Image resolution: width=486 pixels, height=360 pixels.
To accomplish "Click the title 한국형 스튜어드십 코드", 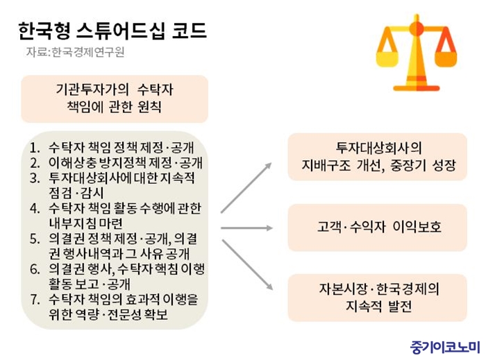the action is tap(112, 31).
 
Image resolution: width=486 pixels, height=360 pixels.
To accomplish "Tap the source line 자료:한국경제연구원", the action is tap(75, 52).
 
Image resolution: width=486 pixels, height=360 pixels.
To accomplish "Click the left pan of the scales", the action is tap(387, 59).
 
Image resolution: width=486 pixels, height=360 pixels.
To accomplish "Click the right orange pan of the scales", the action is tap(446, 59).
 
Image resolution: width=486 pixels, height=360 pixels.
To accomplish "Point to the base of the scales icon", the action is tap(417, 88).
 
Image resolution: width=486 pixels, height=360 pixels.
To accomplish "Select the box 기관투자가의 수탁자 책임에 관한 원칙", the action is tap(115, 98).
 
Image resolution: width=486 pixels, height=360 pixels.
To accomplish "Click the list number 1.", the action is tap(35, 148).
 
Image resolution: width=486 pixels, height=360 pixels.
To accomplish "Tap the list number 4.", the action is tap(35, 208).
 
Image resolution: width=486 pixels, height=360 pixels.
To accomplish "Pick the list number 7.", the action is tap(35, 300).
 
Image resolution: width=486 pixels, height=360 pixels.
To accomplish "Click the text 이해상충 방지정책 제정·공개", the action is tap(126, 163).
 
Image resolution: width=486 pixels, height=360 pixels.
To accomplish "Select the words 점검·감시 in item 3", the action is tap(76, 193).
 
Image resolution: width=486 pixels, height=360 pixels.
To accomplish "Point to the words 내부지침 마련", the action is tap(85, 223).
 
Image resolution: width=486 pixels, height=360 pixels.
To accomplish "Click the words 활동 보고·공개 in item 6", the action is tap(90, 284).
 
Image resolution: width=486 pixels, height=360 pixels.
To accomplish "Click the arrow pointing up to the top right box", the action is tap(246, 187).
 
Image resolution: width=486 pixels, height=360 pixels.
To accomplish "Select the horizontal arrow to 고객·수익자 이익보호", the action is tap(246, 228).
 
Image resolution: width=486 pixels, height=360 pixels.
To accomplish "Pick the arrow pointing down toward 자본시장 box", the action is tap(247, 265).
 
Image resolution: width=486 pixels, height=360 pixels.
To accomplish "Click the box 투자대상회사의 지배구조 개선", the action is tap(378, 157).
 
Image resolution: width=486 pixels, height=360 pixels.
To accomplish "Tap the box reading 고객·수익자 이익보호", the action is tap(378, 228).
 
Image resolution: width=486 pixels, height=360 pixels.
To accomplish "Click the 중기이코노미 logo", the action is tap(445, 347).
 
